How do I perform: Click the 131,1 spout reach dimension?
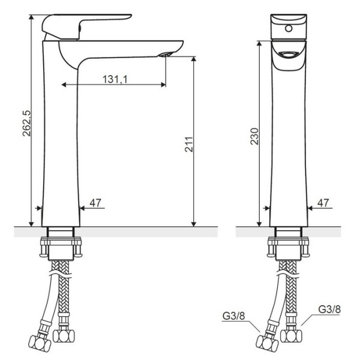(113, 78)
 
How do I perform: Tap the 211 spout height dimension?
(187, 144)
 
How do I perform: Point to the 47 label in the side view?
(95, 203)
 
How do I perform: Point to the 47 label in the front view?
(323, 203)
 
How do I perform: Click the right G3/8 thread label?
(329, 310)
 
